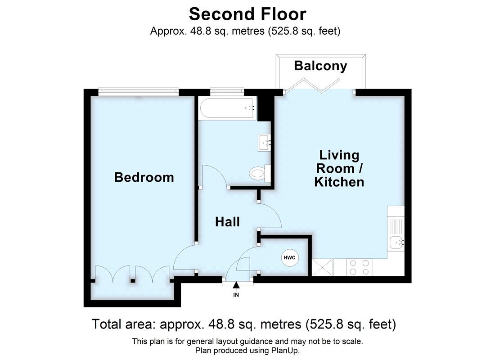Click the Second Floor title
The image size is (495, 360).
[x=247, y=14]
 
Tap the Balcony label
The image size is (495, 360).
[x=320, y=66]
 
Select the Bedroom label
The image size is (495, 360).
[x=144, y=177]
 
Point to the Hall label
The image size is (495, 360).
[x=227, y=221]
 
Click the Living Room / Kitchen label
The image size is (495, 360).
[x=339, y=169]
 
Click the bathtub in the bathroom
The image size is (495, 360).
[x=227, y=108]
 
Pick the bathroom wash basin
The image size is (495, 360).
[x=264, y=143]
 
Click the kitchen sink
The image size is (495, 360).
[x=396, y=243]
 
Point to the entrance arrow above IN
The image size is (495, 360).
[x=236, y=285]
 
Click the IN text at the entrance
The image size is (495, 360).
[x=236, y=295]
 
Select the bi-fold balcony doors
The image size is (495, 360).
[x=320, y=85]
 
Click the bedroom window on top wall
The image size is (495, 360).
[x=139, y=91]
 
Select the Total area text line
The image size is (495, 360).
[x=243, y=324]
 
